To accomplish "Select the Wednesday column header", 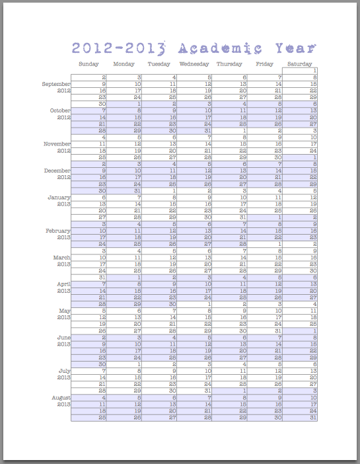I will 194,64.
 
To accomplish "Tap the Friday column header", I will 264,64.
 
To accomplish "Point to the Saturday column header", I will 300,64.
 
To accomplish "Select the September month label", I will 55,84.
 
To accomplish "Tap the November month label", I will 55,143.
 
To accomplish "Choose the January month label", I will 58,197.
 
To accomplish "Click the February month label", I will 57,230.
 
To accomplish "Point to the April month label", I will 62,284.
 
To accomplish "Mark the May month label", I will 64,311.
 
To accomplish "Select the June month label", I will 63,337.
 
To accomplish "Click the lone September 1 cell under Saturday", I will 301,71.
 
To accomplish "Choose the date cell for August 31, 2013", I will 301,418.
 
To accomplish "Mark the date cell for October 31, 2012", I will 195,130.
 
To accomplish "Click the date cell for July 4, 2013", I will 230,364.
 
